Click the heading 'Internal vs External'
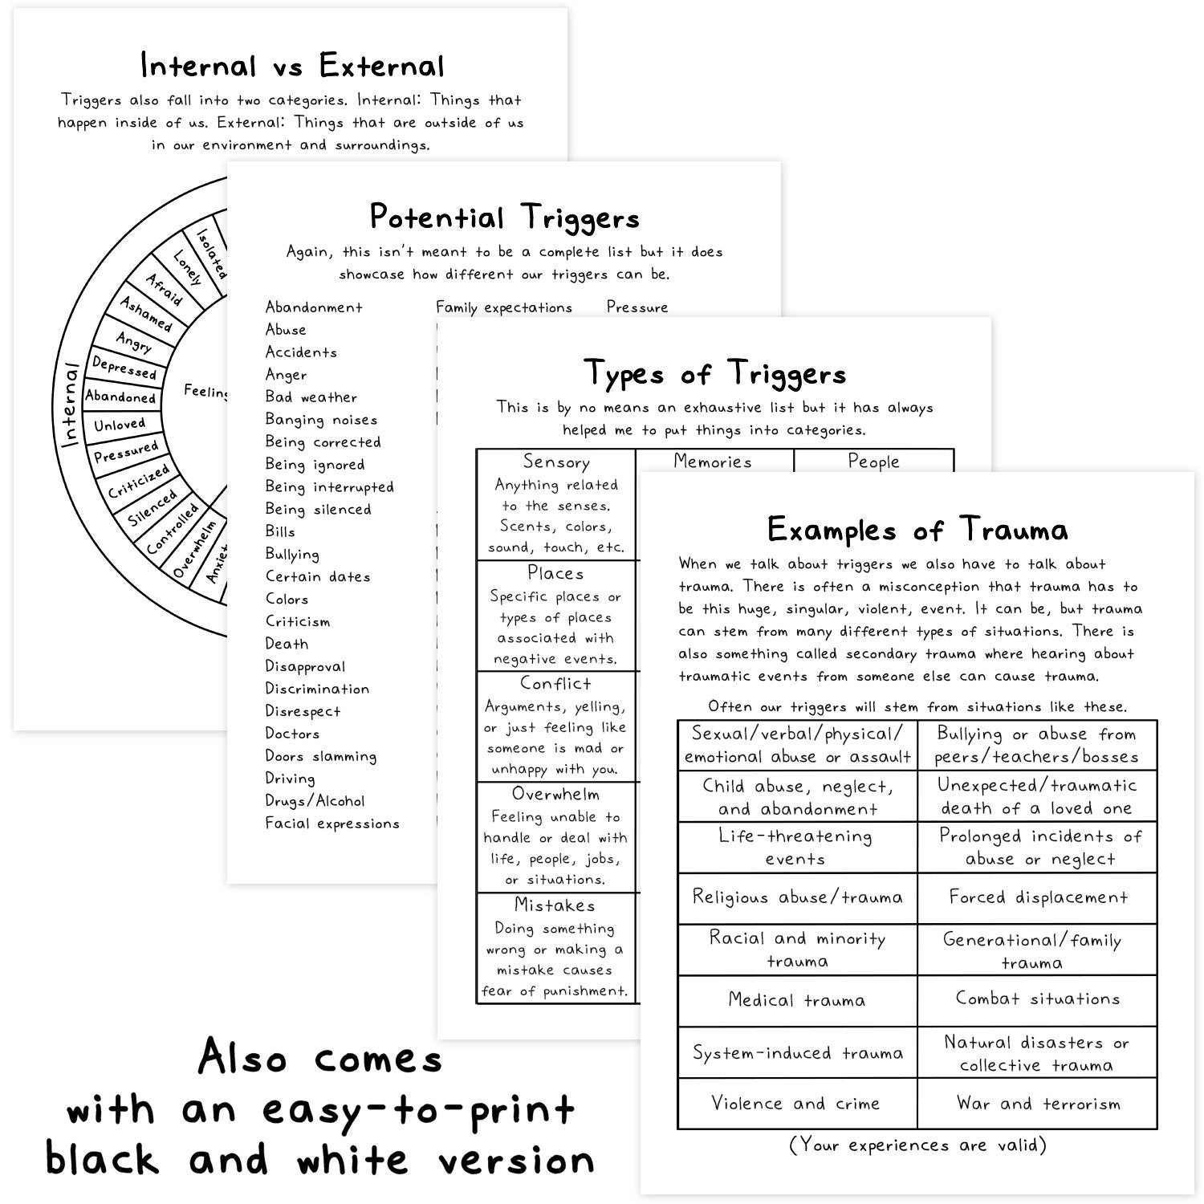(x=292, y=66)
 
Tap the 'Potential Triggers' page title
(x=504, y=218)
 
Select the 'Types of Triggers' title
(x=714, y=373)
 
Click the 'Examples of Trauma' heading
(x=917, y=530)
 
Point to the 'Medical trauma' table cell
(x=796, y=1000)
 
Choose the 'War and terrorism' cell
(x=1038, y=1104)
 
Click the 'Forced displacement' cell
(x=1038, y=897)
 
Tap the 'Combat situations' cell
(x=1038, y=999)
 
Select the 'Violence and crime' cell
(x=796, y=1104)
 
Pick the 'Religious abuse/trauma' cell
(x=796, y=897)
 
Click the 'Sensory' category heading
(x=556, y=462)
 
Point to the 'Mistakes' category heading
(x=555, y=905)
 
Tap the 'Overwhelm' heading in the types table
(x=555, y=794)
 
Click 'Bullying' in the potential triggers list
(x=292, y=554)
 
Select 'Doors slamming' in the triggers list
(x=320, y=756)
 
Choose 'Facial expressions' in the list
(x=332, y=824)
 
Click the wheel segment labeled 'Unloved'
(x=120, y=425)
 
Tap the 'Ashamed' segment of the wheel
(x=146, y=314)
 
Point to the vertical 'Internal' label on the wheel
(x=71, y=405)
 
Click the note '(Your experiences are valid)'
(x=917, y=1145)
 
